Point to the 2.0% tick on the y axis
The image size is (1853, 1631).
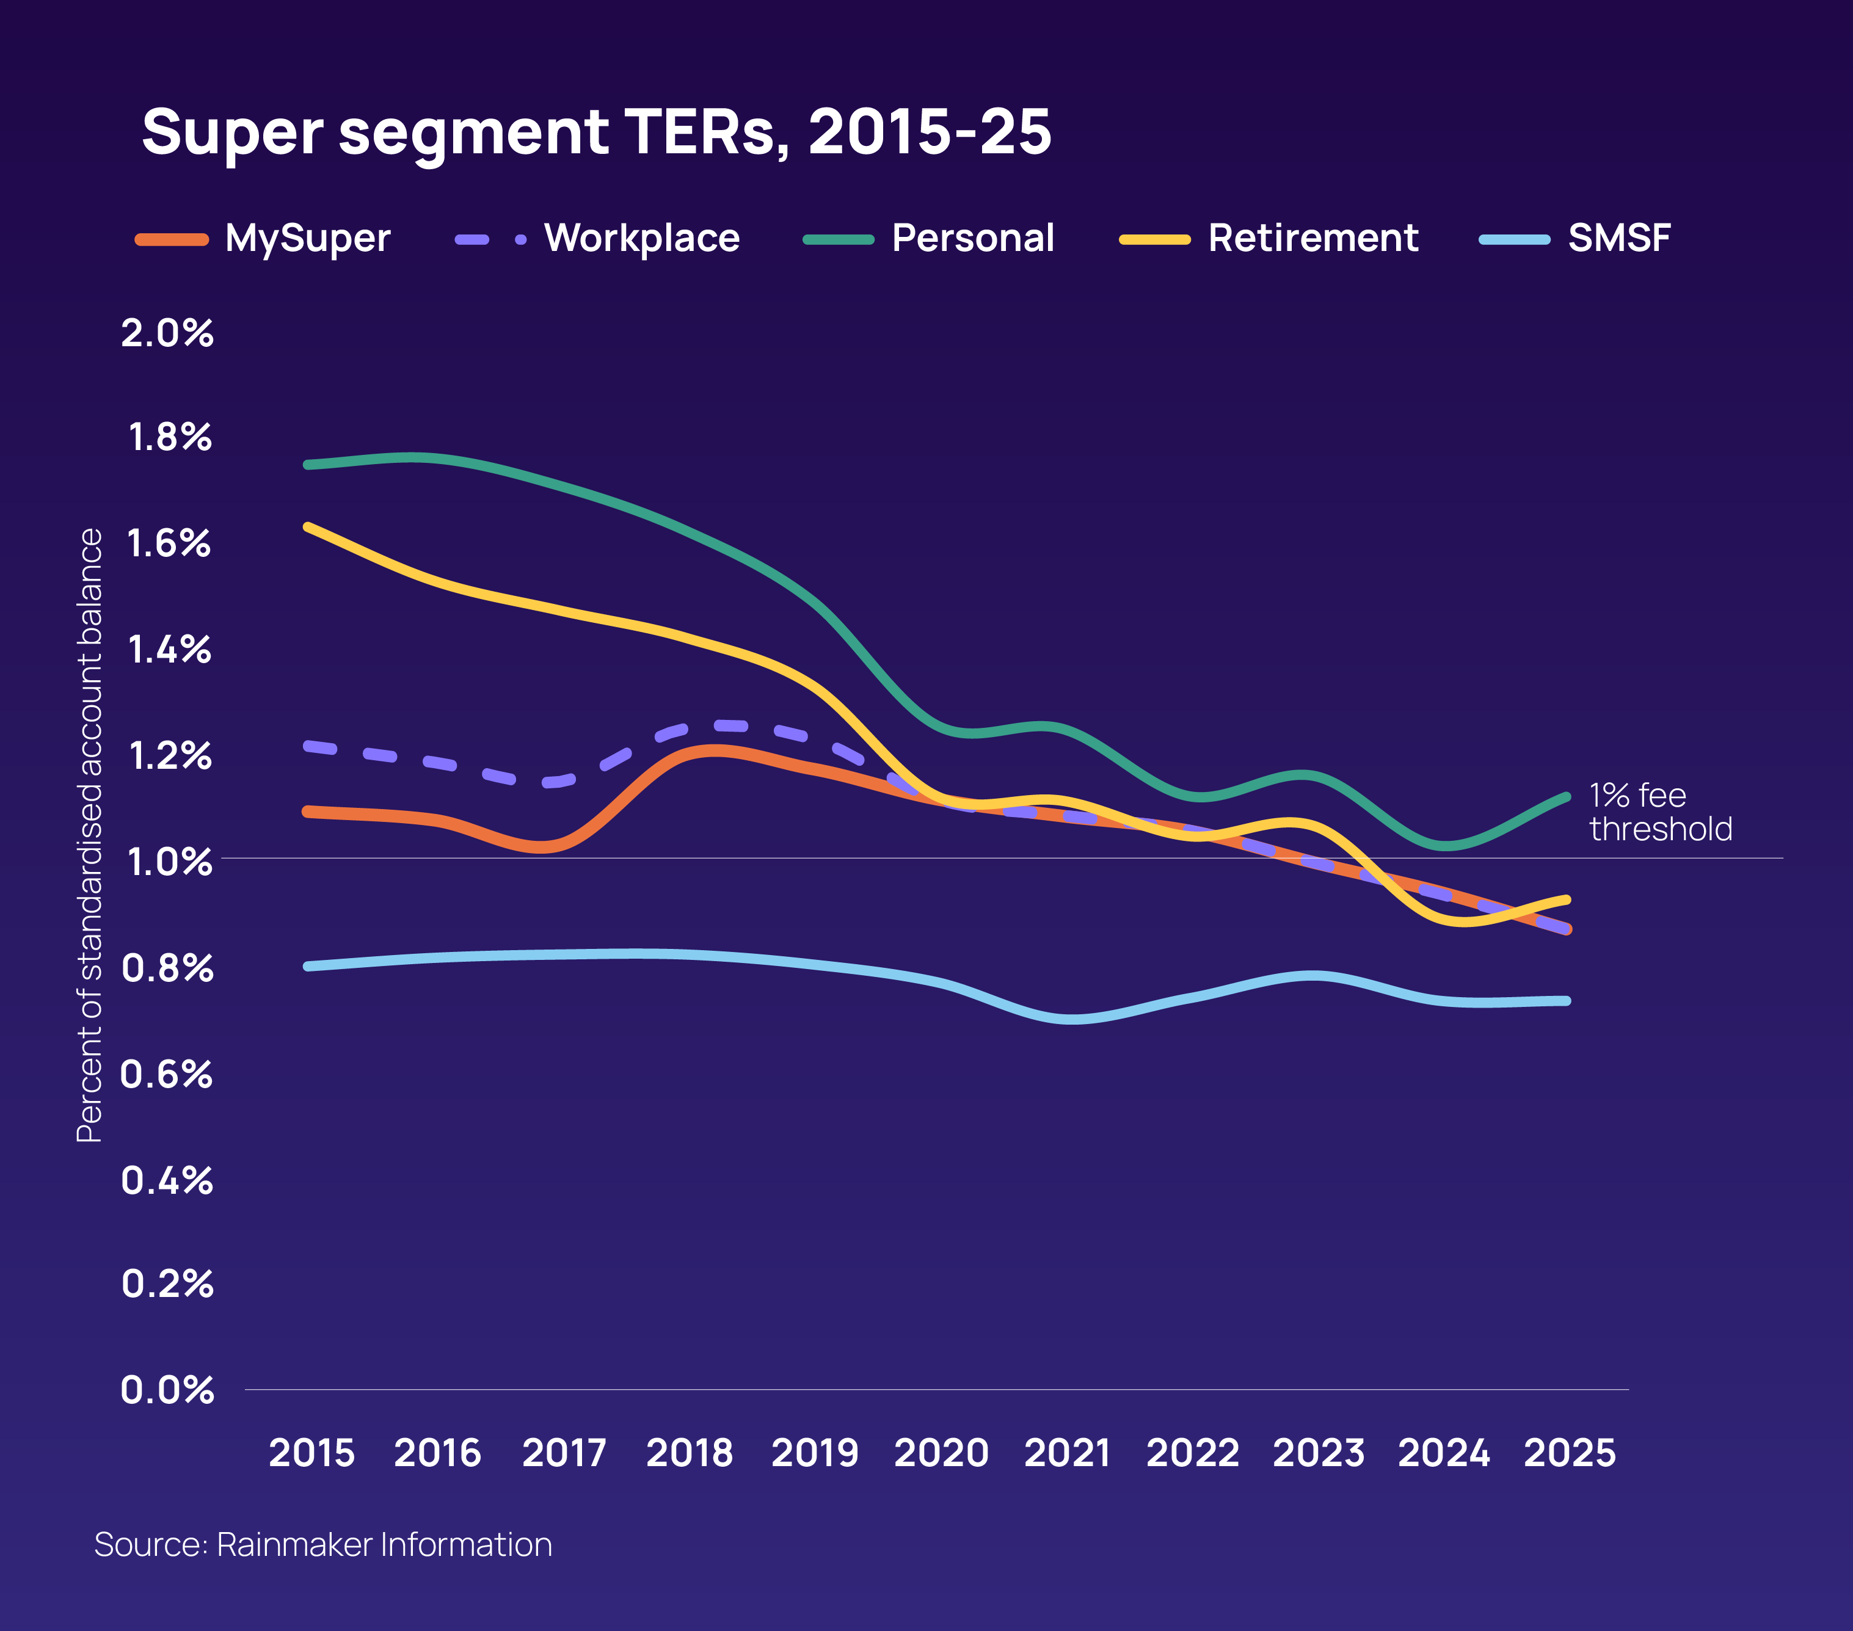click(x=168, y=333)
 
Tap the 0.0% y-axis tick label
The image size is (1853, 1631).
click(x=168, y=1390)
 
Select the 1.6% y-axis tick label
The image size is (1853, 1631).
click(x=169, y=544)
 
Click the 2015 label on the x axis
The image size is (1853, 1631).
click(x=312, y=1453)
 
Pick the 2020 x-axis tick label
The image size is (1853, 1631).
click(x=941, y=1453)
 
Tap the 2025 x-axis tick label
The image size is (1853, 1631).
click(x=1569, y=1453)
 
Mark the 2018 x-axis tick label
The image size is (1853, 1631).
click(x=689, y=1453)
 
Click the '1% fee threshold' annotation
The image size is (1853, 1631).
click(x=1660, y=812)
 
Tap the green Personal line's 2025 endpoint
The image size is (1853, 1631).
click(x=1567, y=797)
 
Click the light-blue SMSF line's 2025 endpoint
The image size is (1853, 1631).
click(x=1567, y=1001)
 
